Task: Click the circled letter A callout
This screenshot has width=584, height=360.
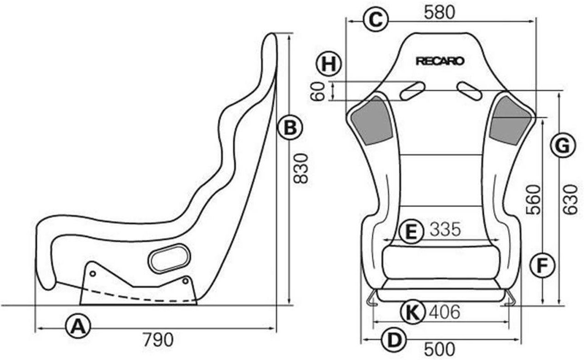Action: pos(78,327)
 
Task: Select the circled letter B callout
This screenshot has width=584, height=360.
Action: pos(290,128)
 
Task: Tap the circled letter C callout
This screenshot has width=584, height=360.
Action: pos(375,20)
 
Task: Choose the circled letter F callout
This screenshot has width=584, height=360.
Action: pos(542,265)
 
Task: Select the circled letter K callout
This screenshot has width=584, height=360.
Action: pos(412,312)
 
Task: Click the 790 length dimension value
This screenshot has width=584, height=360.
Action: pos(158,340)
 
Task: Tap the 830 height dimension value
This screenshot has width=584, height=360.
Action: pos(301,168)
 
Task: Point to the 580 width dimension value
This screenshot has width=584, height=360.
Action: pos(440,12)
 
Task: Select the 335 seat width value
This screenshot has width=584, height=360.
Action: pos(445,230)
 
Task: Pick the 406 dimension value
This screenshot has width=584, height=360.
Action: pos(444,312)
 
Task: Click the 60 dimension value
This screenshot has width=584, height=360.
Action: pos(318,91)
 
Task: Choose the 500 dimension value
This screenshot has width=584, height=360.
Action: pos(440,349)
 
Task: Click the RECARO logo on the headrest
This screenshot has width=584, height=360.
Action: pos(440,61)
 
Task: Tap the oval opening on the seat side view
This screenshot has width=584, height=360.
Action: pos(169,259)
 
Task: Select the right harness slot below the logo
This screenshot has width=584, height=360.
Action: pos(469,91)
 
